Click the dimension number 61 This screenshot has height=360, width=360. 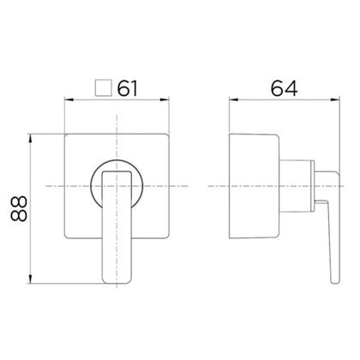click(128, 88)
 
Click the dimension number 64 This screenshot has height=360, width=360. click(284, 88)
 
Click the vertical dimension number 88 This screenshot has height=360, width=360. click(19, 209)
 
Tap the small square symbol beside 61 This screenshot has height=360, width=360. click(103, 87)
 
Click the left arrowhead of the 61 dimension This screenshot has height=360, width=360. click(69, 99)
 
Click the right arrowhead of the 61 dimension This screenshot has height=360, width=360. click(165, 99)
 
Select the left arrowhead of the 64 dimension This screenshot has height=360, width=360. click(234, 99)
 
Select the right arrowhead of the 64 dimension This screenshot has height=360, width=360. click(335, 99)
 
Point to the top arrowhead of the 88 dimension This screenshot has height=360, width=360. click(31, 139)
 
